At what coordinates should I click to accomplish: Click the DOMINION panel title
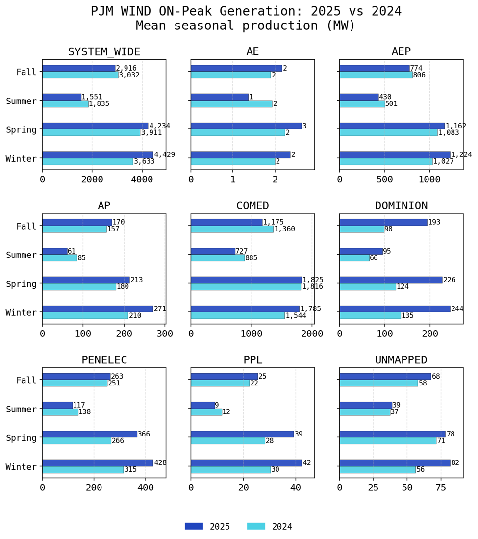coord(401,206)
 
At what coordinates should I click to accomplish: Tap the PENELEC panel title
coord(104,360)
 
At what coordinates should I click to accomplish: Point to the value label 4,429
coord(164,155)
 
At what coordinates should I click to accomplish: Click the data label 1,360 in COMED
coord(284,229)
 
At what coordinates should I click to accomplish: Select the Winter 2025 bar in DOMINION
coord(395,309)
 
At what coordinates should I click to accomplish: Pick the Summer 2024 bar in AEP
coord(362,104)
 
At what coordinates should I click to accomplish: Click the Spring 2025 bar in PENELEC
coord(90,434)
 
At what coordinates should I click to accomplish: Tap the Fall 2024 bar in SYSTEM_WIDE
coord(80,75)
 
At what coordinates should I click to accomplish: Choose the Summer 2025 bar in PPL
coord(203,405)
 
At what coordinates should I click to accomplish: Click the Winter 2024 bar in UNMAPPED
coord(377,470)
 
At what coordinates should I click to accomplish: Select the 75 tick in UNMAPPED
coord(440,488)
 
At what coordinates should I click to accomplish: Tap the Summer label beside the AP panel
coord(21,255)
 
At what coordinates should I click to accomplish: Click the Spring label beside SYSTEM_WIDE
coord(21,130)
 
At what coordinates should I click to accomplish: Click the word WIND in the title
coord(151,11)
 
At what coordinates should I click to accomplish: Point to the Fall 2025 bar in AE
coord(236,68)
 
